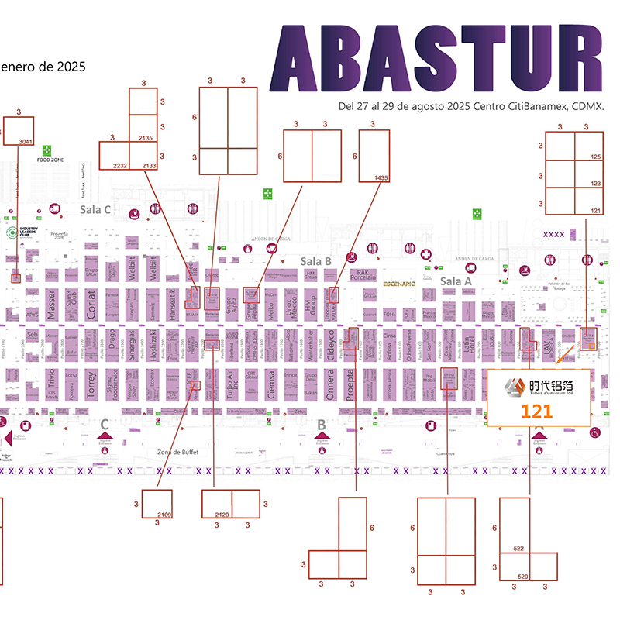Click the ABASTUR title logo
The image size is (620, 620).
click(436, 60)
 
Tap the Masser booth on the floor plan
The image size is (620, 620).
click(52, 303)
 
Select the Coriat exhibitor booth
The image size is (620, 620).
click(91, 303)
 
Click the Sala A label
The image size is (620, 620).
click(456, 281)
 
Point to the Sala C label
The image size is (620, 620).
click(96, 210)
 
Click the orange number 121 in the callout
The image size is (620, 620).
click(536, 411)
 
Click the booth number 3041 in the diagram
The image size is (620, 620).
click(26, 141)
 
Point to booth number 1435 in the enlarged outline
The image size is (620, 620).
click(380, 178)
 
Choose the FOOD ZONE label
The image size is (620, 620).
click(50, 160)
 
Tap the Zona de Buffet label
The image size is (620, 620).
click(175, 452)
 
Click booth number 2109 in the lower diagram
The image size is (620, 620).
click(164, 515)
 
